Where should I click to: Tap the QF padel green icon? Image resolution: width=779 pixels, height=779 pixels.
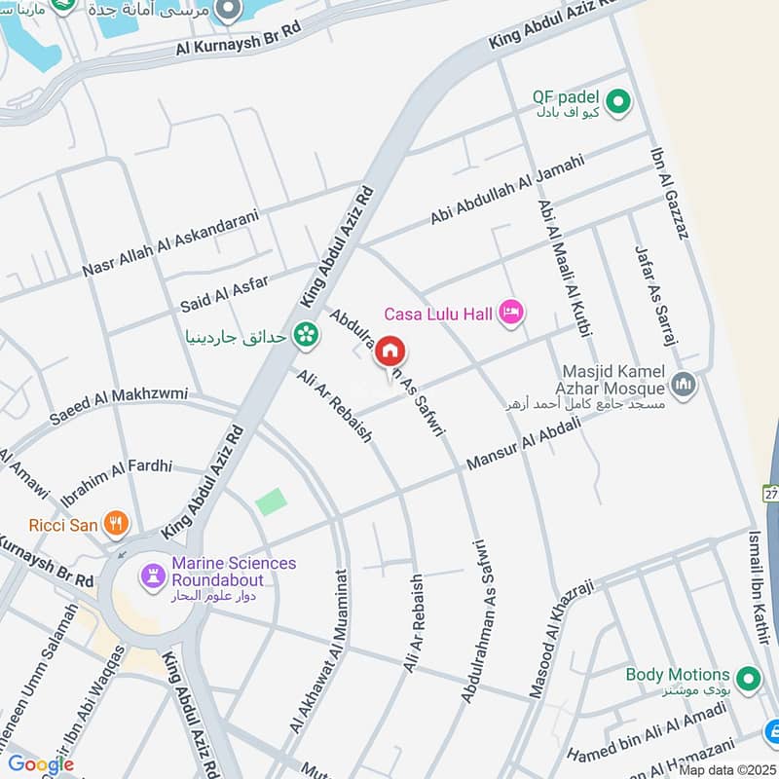(616, 100)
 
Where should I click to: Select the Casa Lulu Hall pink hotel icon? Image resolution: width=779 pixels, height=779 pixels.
(510, 313)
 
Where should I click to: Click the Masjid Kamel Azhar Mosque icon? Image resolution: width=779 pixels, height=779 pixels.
(684, 385)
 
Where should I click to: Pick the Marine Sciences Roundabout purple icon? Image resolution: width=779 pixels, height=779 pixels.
(153, 575)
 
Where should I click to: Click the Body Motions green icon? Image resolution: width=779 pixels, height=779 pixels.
(748, 678)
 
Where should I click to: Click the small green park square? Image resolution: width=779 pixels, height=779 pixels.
(272, 502)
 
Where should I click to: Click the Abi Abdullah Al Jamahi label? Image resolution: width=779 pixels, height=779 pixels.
(506, 191)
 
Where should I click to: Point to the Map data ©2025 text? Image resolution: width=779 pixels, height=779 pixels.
(727, 769)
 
